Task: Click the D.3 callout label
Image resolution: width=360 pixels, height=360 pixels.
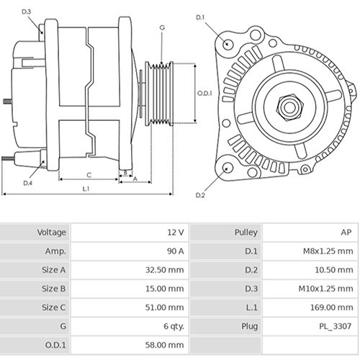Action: coord(27,12)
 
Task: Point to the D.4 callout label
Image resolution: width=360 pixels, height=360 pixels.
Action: coord(27,183)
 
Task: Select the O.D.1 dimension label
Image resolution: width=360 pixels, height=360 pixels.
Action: coord(204,94)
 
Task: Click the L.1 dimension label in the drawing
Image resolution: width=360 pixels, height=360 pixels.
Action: coord(85,189)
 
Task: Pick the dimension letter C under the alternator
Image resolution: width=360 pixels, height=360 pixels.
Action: coord(89,174)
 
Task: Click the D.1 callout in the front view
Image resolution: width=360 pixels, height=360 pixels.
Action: coord(200,17)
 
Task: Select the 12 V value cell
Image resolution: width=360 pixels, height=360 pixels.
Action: coord(176,233)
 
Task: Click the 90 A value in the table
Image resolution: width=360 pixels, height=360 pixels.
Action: coord(174,251)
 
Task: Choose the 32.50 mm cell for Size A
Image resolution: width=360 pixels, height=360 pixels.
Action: coord(167,270)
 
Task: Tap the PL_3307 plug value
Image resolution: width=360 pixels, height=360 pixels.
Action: coord(336,326)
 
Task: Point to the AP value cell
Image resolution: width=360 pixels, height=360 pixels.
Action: coord(346,233)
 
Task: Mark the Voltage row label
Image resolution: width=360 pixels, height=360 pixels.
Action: coord(52,233)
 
